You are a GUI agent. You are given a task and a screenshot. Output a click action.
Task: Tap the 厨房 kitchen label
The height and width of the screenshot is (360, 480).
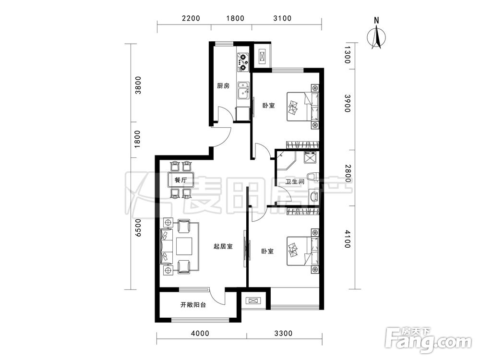click(223, 86)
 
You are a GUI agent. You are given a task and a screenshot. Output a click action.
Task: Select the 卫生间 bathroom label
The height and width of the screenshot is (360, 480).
click(295, 181)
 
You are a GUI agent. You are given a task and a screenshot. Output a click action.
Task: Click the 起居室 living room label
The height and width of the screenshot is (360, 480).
click(223, 246)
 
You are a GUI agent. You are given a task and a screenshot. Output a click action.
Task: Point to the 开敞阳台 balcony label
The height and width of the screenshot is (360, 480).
click(193, 305)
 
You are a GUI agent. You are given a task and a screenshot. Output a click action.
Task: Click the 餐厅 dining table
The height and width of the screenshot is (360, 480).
click(180, 180)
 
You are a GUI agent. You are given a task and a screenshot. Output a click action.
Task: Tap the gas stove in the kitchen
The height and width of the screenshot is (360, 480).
click(243, 62)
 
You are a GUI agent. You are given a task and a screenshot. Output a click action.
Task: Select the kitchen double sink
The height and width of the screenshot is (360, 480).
click(244, 90)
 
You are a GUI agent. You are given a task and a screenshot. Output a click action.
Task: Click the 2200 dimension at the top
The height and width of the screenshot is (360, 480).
click(191, 18)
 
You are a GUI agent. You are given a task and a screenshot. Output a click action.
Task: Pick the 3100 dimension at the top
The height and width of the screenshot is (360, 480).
click(282, 18)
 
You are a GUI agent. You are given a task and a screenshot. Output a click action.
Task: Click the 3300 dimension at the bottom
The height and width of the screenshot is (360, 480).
click(283, 333)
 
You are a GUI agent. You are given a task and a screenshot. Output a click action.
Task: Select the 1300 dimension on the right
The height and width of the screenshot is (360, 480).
click(347, 55)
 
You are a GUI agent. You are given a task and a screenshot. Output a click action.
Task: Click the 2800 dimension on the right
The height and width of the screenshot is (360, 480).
click(348, 173)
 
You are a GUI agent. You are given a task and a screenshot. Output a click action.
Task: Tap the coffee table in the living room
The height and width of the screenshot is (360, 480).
click(184, 246)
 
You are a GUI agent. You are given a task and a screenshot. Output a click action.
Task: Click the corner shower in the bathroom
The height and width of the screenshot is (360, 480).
click(286, 160)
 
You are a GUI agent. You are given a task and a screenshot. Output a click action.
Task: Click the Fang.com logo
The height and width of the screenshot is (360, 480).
click(429, 339)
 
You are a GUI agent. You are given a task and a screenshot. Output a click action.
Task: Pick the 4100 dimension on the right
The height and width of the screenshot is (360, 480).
click(347, 240)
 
